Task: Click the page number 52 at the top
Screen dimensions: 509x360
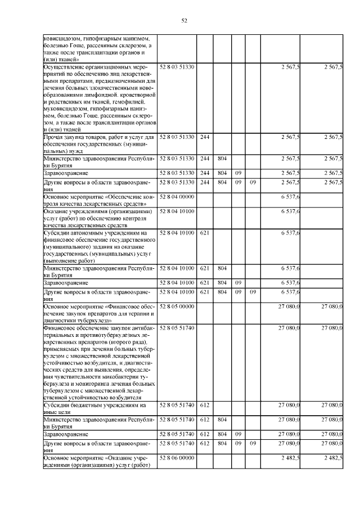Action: (x=183, y=21)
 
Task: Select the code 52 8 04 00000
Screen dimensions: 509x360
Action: (x=177, y=197)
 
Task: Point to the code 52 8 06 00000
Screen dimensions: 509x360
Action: (x=177, y=458)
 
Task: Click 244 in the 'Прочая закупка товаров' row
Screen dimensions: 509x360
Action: (x=205, y=137)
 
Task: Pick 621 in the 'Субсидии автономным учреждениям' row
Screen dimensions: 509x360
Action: (x=205, y=232)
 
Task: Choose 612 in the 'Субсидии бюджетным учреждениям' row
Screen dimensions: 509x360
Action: (x=205, y=405)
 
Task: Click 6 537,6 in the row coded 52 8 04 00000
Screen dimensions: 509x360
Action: (x=289, y=197)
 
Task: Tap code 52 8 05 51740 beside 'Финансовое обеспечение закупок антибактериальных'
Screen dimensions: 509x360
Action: (x=177, y=327)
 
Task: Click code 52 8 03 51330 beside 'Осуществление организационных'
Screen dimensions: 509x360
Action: (x=177, y=67)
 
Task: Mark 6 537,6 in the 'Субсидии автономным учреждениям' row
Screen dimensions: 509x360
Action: (x=289, y=232)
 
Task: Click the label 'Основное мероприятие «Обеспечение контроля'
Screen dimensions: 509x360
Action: (x=99, y=200)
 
